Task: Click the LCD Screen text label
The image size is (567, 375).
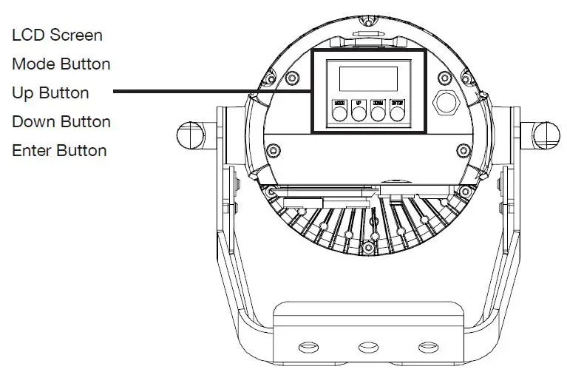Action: click(57, 36)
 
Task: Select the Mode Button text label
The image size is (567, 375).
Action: click(61, 64)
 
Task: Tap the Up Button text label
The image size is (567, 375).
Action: click(50, 93)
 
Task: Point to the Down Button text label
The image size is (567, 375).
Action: click(61, 122)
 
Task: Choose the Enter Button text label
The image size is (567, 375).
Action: click(59, 151)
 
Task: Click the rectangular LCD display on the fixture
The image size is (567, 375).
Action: click(367, 78)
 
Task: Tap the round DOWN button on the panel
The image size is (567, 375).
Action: click(378, 113)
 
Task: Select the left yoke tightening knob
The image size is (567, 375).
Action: click(190, 135)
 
